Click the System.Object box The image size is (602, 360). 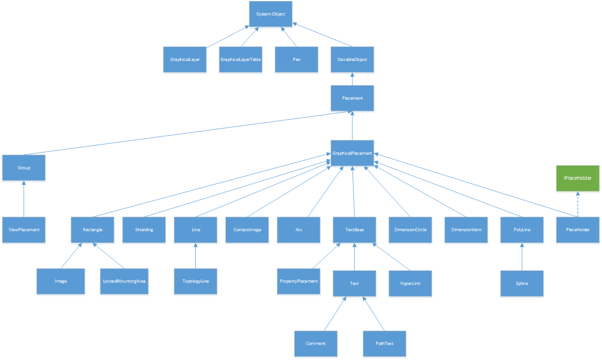270,14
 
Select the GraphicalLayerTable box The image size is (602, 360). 240,59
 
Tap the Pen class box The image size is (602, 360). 296,59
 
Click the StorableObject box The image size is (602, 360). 352,59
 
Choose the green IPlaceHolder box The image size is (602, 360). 577,178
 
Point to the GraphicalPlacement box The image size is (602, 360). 352,153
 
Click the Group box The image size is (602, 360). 24,168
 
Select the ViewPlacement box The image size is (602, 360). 24,230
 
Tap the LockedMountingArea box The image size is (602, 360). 124,281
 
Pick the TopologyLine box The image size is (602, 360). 195,281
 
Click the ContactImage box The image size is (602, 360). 247,230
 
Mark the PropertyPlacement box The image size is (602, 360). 299,281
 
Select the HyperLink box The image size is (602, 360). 410,284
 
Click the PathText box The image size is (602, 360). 384,344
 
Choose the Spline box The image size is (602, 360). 522,284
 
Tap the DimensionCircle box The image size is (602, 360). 410,230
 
